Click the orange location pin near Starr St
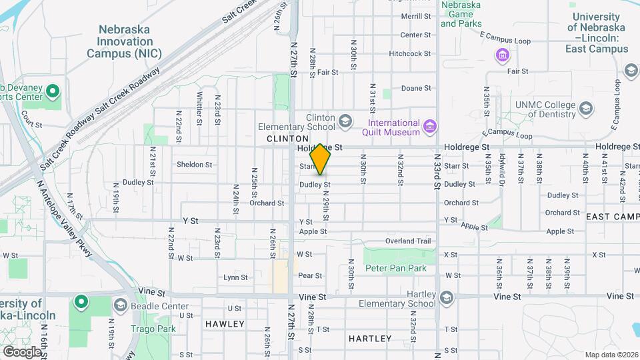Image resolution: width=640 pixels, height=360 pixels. [x=321, y=159]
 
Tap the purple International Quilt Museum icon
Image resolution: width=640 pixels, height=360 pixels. [x=430, y=126]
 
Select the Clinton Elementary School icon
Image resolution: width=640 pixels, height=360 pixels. [x=345, y=121]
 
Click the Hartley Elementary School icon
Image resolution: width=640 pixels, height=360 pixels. [x=446, y=297]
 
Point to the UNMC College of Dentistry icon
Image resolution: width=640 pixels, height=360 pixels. [x=585, y=109]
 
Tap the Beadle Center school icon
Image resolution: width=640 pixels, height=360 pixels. [x=120, y=305]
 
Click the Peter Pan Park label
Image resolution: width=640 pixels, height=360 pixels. [x=395, y=268]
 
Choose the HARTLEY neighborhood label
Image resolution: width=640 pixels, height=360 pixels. [x=370, y=339]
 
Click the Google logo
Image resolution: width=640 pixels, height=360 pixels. [x=22, y=351]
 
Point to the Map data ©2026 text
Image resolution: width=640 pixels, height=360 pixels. [x=611, y=355]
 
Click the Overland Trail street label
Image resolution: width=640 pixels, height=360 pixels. [x=408, y=241]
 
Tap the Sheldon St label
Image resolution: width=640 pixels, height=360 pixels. [x=194, y=164]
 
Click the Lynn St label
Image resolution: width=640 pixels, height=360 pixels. [x=235, y=277]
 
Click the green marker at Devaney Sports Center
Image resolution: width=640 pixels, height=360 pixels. [x=53, y=89]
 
